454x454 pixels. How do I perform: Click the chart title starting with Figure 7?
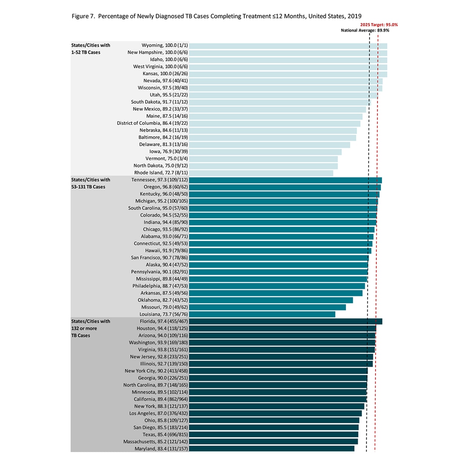coord(216,16)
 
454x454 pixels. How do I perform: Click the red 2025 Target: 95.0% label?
coord(379,25)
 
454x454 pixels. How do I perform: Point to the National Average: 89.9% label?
coord(365,30)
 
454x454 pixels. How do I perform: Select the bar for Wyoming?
coord(288,46)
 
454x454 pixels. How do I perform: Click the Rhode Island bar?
coord(261,173)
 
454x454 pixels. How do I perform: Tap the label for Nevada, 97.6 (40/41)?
coord(165,81)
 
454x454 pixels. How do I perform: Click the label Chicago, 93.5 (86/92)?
coord(165,230)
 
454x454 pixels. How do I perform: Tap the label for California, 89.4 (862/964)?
coord(160,400)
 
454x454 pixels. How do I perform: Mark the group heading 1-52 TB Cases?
coord(90,49)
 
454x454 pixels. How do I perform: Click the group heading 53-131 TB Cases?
coord(90,183)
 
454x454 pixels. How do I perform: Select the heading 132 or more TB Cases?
coord(90,328)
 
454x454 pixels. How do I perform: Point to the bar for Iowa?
coord(265,152)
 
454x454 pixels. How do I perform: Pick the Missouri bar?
coord(267,308)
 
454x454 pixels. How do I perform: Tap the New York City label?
coord(156,371)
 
